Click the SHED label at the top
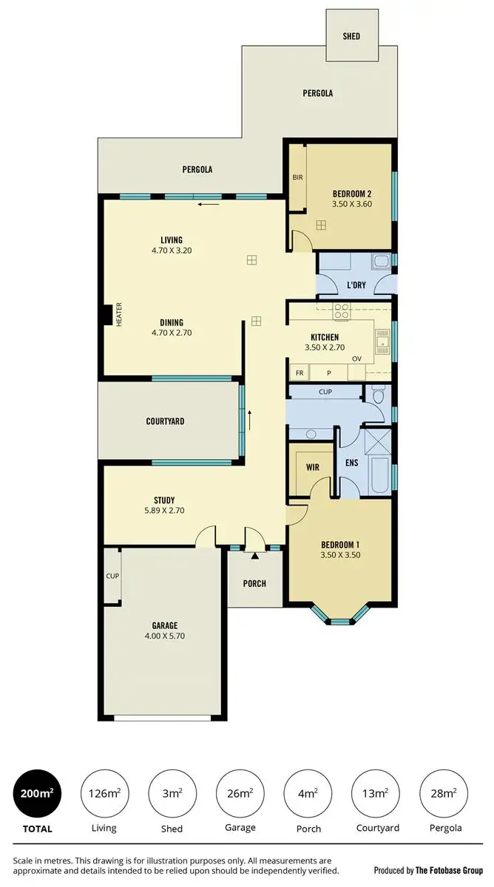(x=351, y=35)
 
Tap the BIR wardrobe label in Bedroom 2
(x=297, y=178)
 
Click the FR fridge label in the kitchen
(x=300, y=373)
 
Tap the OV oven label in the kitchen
(x=356, y=359)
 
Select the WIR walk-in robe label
(x=312, y=466)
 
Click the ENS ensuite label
(x=352, y=463)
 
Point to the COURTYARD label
(x=165, y=421)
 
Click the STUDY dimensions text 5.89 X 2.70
(x=164, y=510)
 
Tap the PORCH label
(x=254, y=583)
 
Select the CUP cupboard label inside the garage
(x=112, y=576)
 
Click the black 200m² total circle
(x=37, y=793)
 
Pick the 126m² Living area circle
(x=104, y=793)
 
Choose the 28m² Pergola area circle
(x=443, y=793)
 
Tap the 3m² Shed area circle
(x=172, y=793)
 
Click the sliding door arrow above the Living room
(x=209, y=204)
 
